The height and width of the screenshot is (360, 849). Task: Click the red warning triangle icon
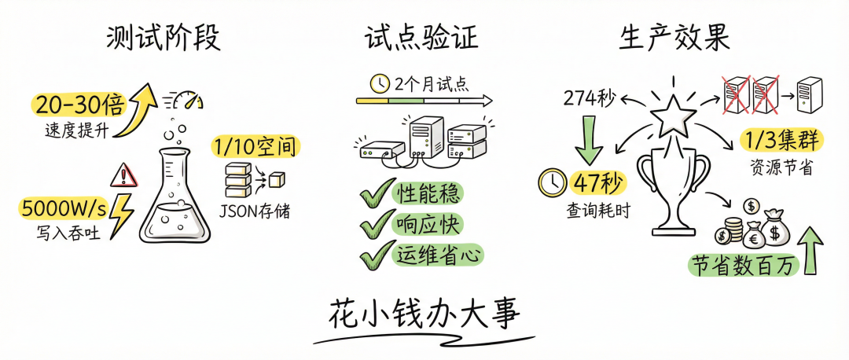[124, 174]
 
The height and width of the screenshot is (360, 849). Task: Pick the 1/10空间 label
[255, 145]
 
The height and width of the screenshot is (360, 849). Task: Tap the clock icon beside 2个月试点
[380, 83]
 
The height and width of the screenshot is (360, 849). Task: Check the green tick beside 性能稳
[375, 193]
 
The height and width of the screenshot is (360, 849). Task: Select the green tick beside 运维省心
[375, 254]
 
